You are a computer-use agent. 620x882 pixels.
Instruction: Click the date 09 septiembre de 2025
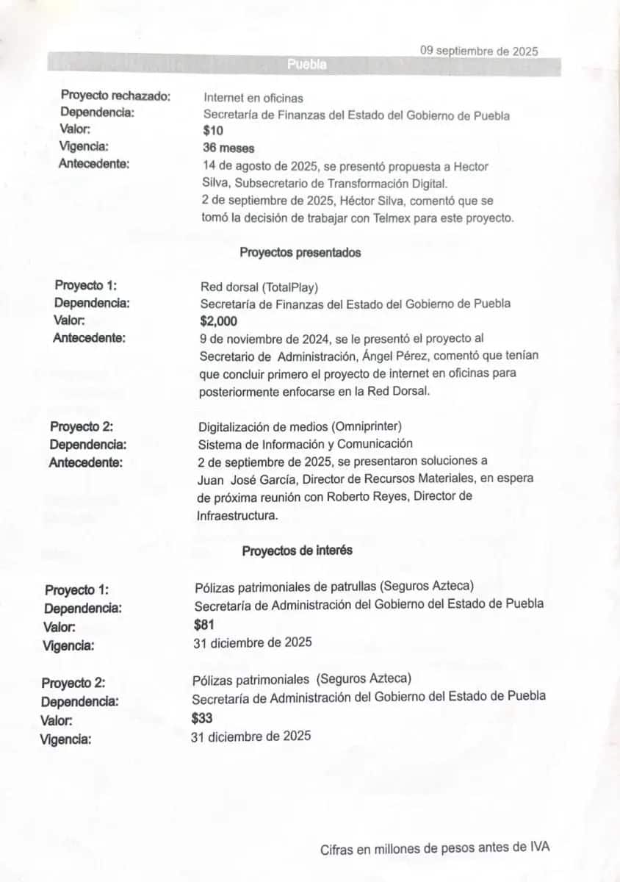tap(479, 51)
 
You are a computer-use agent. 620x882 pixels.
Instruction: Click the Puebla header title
tap(307, 65)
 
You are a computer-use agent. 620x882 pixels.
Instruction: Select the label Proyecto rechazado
tap(116, 96)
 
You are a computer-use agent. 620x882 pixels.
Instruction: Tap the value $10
tap(213, 131)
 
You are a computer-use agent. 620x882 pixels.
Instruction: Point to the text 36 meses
tap(228, 148)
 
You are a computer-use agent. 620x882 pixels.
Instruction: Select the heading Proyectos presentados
tap(300, 252)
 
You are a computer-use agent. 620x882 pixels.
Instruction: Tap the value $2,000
tap(219, 320)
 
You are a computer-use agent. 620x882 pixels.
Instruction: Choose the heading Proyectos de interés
tap(297, 550)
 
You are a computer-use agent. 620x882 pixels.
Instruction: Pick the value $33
tap(202, 718)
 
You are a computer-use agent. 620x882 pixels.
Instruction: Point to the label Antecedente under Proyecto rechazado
tap(94, 163)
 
